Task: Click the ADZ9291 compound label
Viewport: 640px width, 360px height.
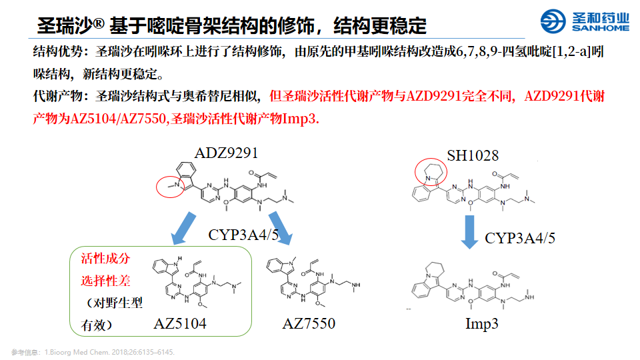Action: (x=226, y=153)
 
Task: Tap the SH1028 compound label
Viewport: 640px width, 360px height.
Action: (x=473, y=156)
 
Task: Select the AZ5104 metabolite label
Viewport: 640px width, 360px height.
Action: (x=180, y=324)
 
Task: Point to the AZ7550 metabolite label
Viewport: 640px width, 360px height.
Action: (x=309, y=324)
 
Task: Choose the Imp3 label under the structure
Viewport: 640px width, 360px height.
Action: (x=482, y=325)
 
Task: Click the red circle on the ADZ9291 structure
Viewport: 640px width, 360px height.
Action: (x=171, y=186)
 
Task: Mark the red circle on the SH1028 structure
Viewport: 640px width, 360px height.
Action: (x=431, y=171)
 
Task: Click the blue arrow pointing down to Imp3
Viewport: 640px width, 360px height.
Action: (x=471, y=230)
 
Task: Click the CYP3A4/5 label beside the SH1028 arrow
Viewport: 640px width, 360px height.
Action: (x=520, y=238)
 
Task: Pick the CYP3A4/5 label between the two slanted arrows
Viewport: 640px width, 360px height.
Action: (x=243, y=235)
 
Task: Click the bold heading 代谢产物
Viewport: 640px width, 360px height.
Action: (x=59, y=97)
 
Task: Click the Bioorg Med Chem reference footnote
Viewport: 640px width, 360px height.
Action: (x=93, y=351)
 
